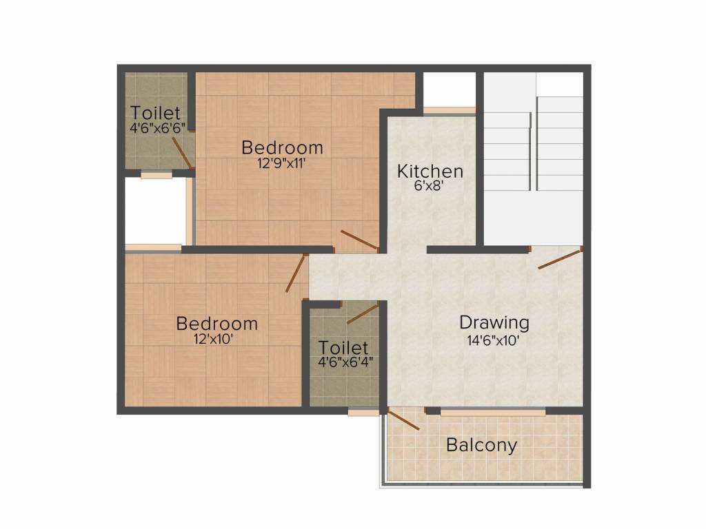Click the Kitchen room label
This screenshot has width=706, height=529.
click(430, 171)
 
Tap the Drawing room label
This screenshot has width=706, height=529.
click(494, 322)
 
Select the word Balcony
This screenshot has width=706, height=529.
click(481, 445)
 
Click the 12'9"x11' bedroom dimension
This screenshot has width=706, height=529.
click(282, 163)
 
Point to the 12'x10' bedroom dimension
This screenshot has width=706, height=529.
click(216, 339)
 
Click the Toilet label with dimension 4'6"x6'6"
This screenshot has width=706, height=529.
click(156, 112)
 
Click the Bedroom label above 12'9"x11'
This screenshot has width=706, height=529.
click(282, 147)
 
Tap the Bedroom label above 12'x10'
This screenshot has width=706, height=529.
click(216, 323)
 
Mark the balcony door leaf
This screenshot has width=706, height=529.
click(404, 419)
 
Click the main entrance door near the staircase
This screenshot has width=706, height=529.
click(560, 259)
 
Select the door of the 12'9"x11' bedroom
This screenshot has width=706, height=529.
click(359, 240)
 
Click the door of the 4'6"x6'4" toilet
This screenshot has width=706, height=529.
click(363, 313)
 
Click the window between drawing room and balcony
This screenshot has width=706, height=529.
click(492, 412)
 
